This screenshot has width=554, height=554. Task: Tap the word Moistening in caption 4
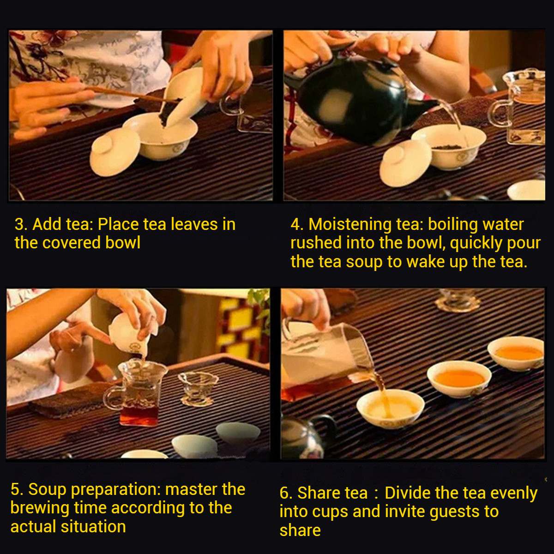click(350, 225)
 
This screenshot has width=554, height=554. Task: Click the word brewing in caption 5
click(40, 508)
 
